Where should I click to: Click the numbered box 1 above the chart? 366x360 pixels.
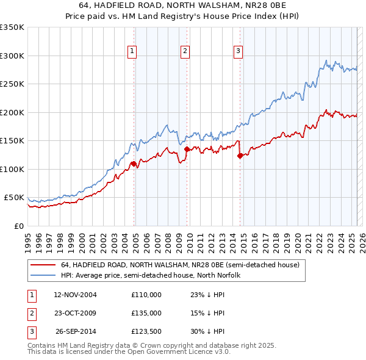click(132, 52)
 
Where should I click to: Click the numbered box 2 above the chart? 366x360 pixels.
click(184, 52)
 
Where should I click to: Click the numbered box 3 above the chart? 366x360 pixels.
click(237, 52)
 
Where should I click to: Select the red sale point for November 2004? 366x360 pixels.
click(134, 164)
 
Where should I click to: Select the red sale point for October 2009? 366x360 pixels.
click(187, 149)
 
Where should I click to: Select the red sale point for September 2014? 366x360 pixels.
click(240, 156)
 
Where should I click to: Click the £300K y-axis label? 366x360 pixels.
click(12, 56)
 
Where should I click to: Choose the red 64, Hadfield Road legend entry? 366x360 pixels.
click(180, 265)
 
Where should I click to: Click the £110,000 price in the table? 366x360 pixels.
click(146, 294)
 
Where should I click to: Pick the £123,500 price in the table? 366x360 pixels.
click(146, 332)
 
